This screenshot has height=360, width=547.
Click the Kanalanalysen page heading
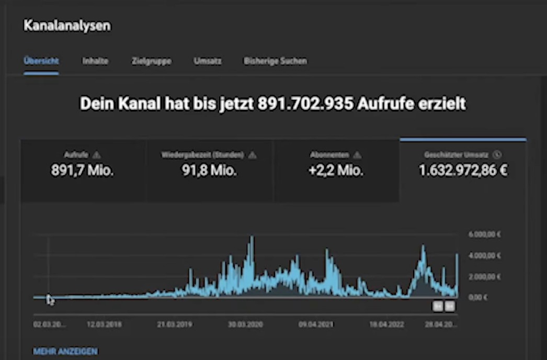67,26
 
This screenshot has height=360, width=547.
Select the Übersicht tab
41,61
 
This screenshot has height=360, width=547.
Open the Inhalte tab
96,61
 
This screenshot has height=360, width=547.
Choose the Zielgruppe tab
151,61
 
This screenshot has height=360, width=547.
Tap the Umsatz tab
208,61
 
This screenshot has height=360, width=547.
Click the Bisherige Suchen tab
275,61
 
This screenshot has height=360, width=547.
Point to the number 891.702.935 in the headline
305,104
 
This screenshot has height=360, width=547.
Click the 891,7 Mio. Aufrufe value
82,171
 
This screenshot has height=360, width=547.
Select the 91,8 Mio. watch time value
209,171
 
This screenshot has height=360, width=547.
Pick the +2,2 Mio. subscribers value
336,171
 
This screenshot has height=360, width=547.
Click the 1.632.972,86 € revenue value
463,171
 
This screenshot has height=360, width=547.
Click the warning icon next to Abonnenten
358,155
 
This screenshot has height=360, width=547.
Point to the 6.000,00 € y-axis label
484,234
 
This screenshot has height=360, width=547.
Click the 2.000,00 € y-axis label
484,276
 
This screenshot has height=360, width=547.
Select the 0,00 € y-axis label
478,297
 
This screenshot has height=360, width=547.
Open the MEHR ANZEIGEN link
65,352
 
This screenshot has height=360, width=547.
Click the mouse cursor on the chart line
49,299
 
